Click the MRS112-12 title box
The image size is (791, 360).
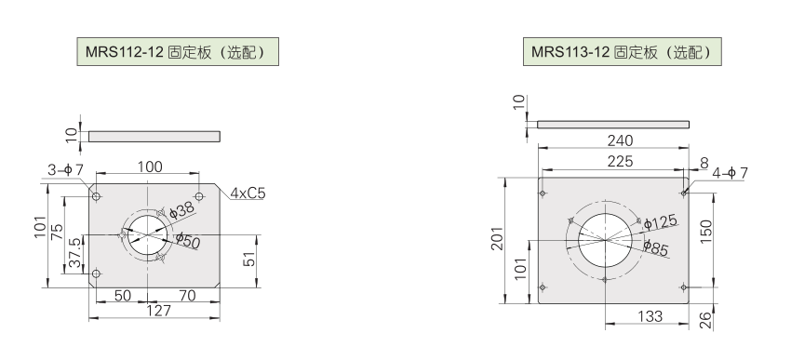tap(178, 51)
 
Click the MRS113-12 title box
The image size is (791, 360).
tap(622, 51)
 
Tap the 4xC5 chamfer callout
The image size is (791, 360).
tap(248, 193)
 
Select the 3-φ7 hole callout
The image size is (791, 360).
tap(65, 170)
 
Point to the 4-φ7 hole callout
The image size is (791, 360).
tap(730, 173)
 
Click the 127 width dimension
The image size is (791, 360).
tap(158, 311)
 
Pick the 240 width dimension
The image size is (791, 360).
tap(620, 140)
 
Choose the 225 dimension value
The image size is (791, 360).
tap(620, 161)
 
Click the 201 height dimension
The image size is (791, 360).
tap(498, 238)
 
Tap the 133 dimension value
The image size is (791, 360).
tap(650, 316)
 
